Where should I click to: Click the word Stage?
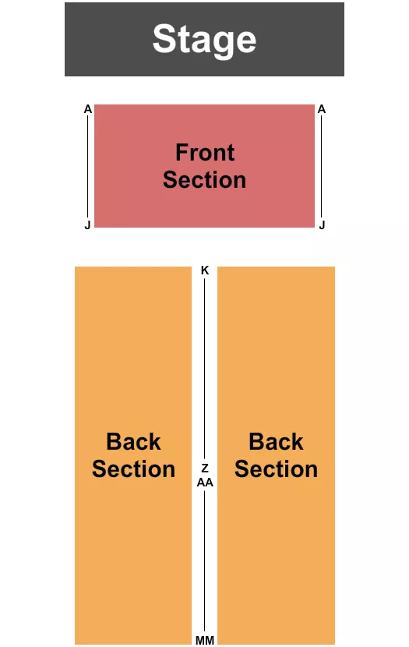pyautogui.click(x=204, y=39)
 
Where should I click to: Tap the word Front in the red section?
pyautogui.click(x=205, y=152)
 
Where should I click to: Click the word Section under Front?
pyautogui.click(x=204, y=180)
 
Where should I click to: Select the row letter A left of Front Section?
pyautogui.click(x=88, y=109)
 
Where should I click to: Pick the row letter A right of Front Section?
pyautogui.click(x=321, y=109)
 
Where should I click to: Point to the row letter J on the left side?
pyautogui.click(x=88, y=225)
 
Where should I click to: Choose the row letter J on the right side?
pyautogui.click(x=321, y=225)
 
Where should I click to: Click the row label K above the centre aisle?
pyautogui.click(x=205, y=270)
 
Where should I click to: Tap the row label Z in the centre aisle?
pyautogui.click(x=205, y=468)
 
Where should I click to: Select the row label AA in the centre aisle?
pyautogui.click(x=205, y=482)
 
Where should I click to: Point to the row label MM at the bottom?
pyautogui.click(x=205, y=640)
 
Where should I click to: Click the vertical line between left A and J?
pyautogui.click(x=88, y=167)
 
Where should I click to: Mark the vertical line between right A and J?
pyautogui.click(x=321, y=167)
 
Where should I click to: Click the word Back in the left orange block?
pyautogui.click(x=133, y=442)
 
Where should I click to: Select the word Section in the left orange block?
pyautogui.click(x=133, y=469)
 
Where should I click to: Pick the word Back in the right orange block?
pyautogui.click(x=276, y=442)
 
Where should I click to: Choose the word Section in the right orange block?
pyautogui.click(x=276, y=469)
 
